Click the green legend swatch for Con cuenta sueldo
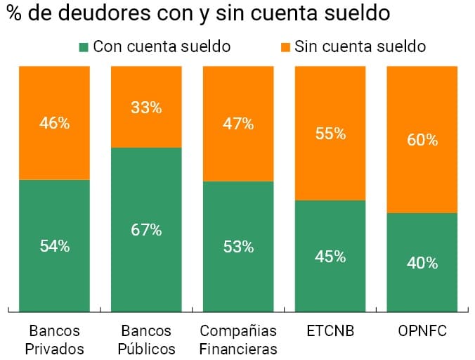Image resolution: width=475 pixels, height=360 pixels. (x=84, y=47)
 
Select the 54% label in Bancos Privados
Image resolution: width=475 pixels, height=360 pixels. (x=54, y=246)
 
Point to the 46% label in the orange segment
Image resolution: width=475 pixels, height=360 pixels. (x=54, y=123)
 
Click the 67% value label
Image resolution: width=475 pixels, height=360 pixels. (x=146, y=230)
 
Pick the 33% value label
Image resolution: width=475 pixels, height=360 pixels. (x=146, y=108)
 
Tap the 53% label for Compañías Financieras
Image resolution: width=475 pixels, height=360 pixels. (x=238, y=247)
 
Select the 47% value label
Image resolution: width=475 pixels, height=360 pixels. (x=238, y=124)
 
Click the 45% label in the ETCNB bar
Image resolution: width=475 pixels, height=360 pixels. (x=330, y=257)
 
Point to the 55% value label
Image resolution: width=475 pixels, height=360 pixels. (x=330, y=134)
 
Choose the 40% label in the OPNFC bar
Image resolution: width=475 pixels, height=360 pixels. (x=422, y=263)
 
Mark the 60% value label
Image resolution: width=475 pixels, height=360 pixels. (x=422, y=140)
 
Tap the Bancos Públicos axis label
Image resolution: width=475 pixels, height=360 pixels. (x=146, y=340)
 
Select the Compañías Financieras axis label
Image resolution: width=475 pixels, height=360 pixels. (x=238, y=340)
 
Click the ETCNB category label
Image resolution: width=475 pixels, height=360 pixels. (x=330, y=330)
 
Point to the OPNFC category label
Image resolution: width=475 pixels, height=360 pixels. (x=422, y=330)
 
